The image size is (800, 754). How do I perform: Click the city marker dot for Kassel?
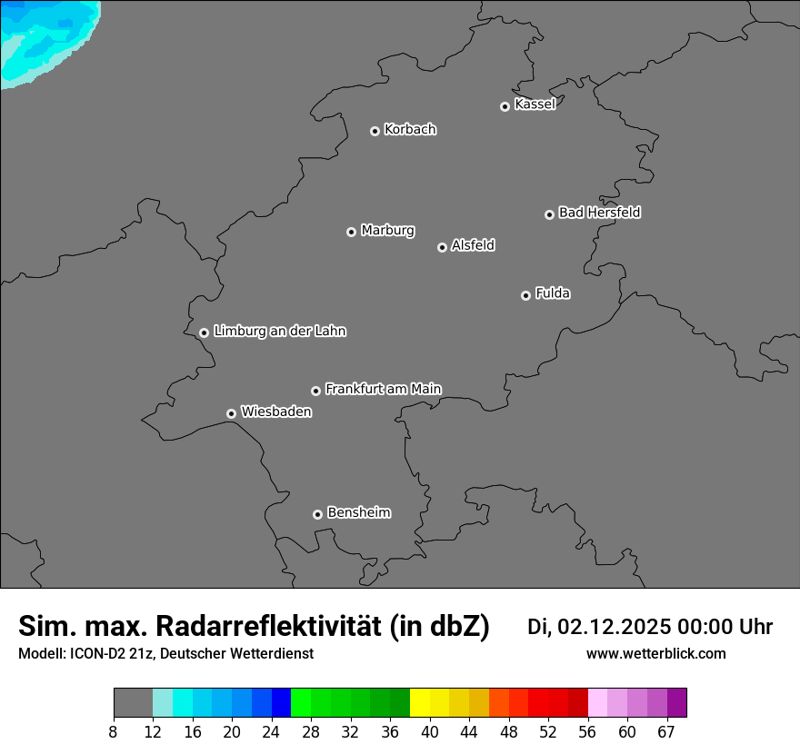(x=505, y=106)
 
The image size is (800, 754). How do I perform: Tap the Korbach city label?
(x=410, y=129)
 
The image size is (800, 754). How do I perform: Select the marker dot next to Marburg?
(x=351, y=232)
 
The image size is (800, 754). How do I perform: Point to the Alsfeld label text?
(x=473, y=245)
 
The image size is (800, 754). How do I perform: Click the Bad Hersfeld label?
(x=599, y=213)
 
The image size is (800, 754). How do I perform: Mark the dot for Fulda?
(x=525, y=295)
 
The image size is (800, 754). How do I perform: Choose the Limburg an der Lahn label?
(x=280, y=331)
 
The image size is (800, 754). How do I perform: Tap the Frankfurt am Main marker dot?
(x=315, y=391)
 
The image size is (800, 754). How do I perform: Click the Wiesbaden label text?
(x=276, y=412)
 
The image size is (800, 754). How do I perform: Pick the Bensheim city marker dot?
(x=317, y=514)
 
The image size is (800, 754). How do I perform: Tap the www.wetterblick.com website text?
(x=656, y=653)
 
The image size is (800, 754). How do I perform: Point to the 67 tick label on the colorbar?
(x=666, y=732)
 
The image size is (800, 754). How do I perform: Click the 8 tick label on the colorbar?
(x=114, y=732)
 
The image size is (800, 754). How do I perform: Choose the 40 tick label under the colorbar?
(x=430, y=732)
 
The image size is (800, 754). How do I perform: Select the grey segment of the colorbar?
(x=133, y=703)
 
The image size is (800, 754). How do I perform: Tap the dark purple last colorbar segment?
(x=677, y=703)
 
